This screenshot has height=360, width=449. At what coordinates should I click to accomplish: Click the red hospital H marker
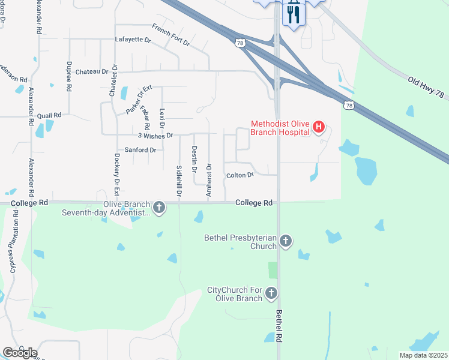(319, 127)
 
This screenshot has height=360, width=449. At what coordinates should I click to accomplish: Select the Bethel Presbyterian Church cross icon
(286, 241)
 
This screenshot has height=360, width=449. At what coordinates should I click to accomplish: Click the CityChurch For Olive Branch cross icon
(271, 293)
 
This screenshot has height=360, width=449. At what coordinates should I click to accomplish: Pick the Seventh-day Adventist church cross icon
(159, 208)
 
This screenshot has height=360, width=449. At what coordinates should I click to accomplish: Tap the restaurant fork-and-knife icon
(293, 13)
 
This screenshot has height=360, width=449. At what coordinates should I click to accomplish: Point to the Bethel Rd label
(279, 326)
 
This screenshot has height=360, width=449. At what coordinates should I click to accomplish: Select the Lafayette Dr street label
(133, 40)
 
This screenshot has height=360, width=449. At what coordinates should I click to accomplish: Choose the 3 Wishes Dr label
(155, 136)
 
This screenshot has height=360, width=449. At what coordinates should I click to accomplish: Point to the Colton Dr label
(240, 175)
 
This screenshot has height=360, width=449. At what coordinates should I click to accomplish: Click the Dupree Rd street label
(70, 75)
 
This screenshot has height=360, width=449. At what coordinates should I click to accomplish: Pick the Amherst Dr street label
(209, 179)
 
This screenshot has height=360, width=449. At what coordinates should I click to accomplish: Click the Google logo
(20, 352)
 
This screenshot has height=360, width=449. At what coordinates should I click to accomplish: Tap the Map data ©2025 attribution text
(423, 355)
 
